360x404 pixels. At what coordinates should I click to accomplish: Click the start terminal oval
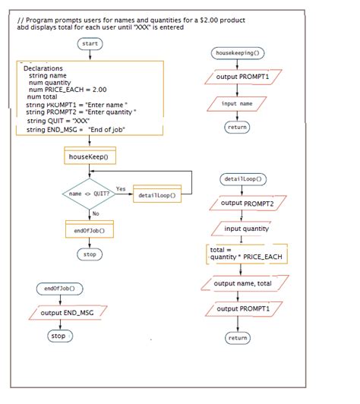[90, 44]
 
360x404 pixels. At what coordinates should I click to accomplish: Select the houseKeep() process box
[89, 157]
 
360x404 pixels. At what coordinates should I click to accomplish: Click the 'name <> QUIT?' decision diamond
[89, 194]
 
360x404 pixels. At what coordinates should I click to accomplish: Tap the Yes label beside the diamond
[121, 188]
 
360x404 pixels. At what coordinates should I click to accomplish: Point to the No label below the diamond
[96, 213]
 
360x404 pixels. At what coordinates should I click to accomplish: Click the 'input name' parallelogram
[237, 103]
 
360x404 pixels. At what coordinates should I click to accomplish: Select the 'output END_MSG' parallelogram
[67, 313]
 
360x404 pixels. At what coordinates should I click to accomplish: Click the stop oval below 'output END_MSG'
[58, 335]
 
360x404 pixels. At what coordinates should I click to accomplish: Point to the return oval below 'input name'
[237, 128]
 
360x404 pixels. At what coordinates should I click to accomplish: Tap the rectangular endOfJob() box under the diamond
[89, 230]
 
